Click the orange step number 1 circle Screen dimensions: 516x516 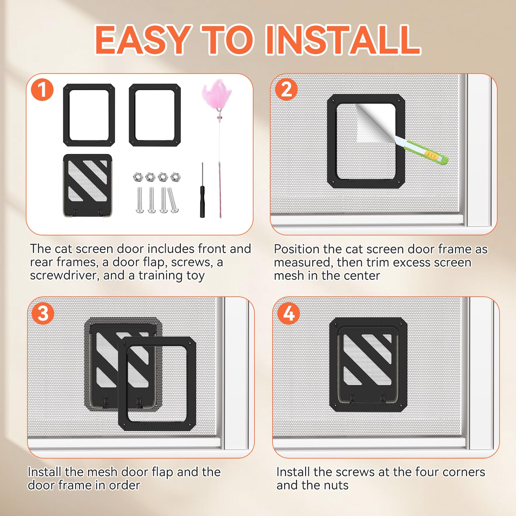[x=42, y=90]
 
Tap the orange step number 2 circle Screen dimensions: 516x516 [x=286, y=89]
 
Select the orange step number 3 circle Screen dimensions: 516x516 [x=43, y=313]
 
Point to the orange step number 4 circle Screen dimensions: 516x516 [x=289, y=313]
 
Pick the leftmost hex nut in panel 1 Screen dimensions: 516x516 [x=138, y=177]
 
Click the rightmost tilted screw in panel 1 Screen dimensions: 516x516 [x=173, y=200]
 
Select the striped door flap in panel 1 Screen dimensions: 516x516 [x=88, y=185]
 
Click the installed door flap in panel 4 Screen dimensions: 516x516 [x=368, y=364]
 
